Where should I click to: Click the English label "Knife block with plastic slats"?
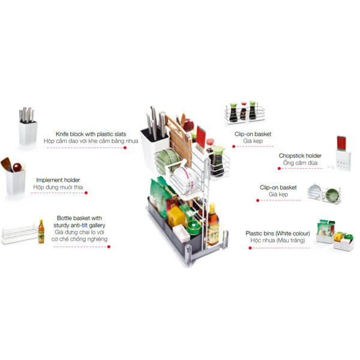91,134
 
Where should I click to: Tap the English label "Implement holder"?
58,180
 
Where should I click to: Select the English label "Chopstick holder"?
300,155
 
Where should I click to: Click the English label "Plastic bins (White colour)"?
278,233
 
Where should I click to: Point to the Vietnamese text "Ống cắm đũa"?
300,163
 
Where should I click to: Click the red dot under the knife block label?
125,148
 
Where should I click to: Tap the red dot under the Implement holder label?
86,193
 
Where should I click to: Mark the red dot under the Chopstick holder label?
279,169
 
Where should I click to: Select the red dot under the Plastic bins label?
250,248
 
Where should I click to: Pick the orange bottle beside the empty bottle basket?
41,232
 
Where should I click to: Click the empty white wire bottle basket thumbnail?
20,235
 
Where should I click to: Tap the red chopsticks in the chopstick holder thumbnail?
341,143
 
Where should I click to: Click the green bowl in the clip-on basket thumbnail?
332,195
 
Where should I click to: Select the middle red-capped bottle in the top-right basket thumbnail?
243,111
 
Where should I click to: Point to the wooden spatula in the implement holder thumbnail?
7,164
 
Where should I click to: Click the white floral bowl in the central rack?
185,179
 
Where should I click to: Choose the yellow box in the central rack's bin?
176,217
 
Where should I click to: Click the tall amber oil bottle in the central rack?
213,224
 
